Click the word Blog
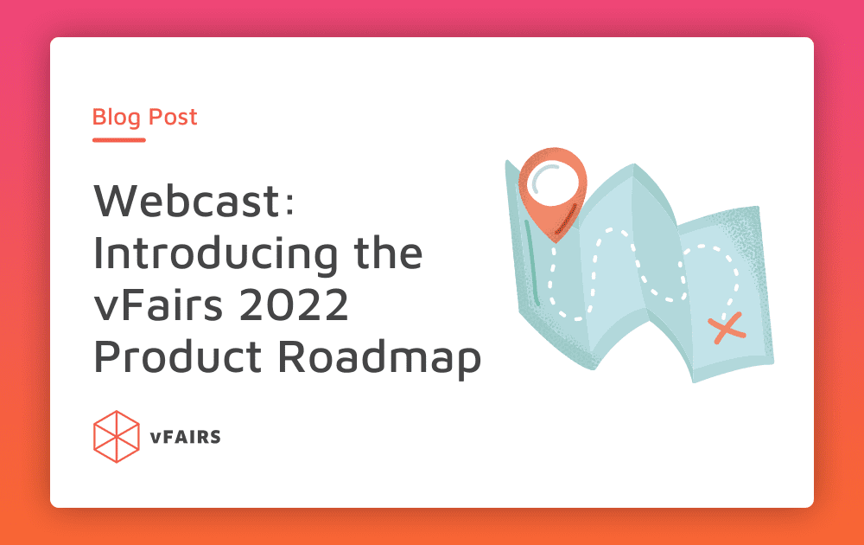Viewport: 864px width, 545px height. [117, 118]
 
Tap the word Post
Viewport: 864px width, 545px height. [173, 117]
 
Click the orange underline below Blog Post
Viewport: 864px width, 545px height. [119, 140]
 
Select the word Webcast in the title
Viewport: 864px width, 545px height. [187, 201]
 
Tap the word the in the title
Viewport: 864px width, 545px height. [388, 252]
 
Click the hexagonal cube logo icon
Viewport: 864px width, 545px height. [117, 436]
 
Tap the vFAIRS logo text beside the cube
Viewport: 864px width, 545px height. [186, 437]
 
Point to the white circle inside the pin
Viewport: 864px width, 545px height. [553, 183]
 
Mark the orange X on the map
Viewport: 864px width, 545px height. [727, 328]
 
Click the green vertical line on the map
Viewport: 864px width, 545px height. [531, 263]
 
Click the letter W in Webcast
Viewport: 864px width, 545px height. [118, 201]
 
